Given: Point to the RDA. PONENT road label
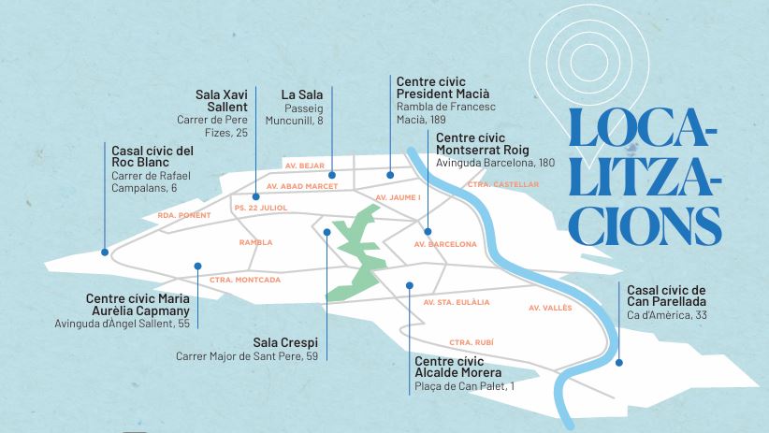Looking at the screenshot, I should [184, 215].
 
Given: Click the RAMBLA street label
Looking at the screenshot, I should [255, 242].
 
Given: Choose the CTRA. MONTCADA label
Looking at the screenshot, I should [245, 279].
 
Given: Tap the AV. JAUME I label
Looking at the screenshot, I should [398, 198].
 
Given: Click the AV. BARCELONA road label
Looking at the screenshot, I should [445, 244].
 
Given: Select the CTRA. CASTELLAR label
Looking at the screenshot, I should [503, 184].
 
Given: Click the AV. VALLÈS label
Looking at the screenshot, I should [549, 307].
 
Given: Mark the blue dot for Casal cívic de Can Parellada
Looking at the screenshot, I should [618, 362].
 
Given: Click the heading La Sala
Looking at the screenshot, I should [302, 94].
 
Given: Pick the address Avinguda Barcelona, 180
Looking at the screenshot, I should [496, 163].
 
